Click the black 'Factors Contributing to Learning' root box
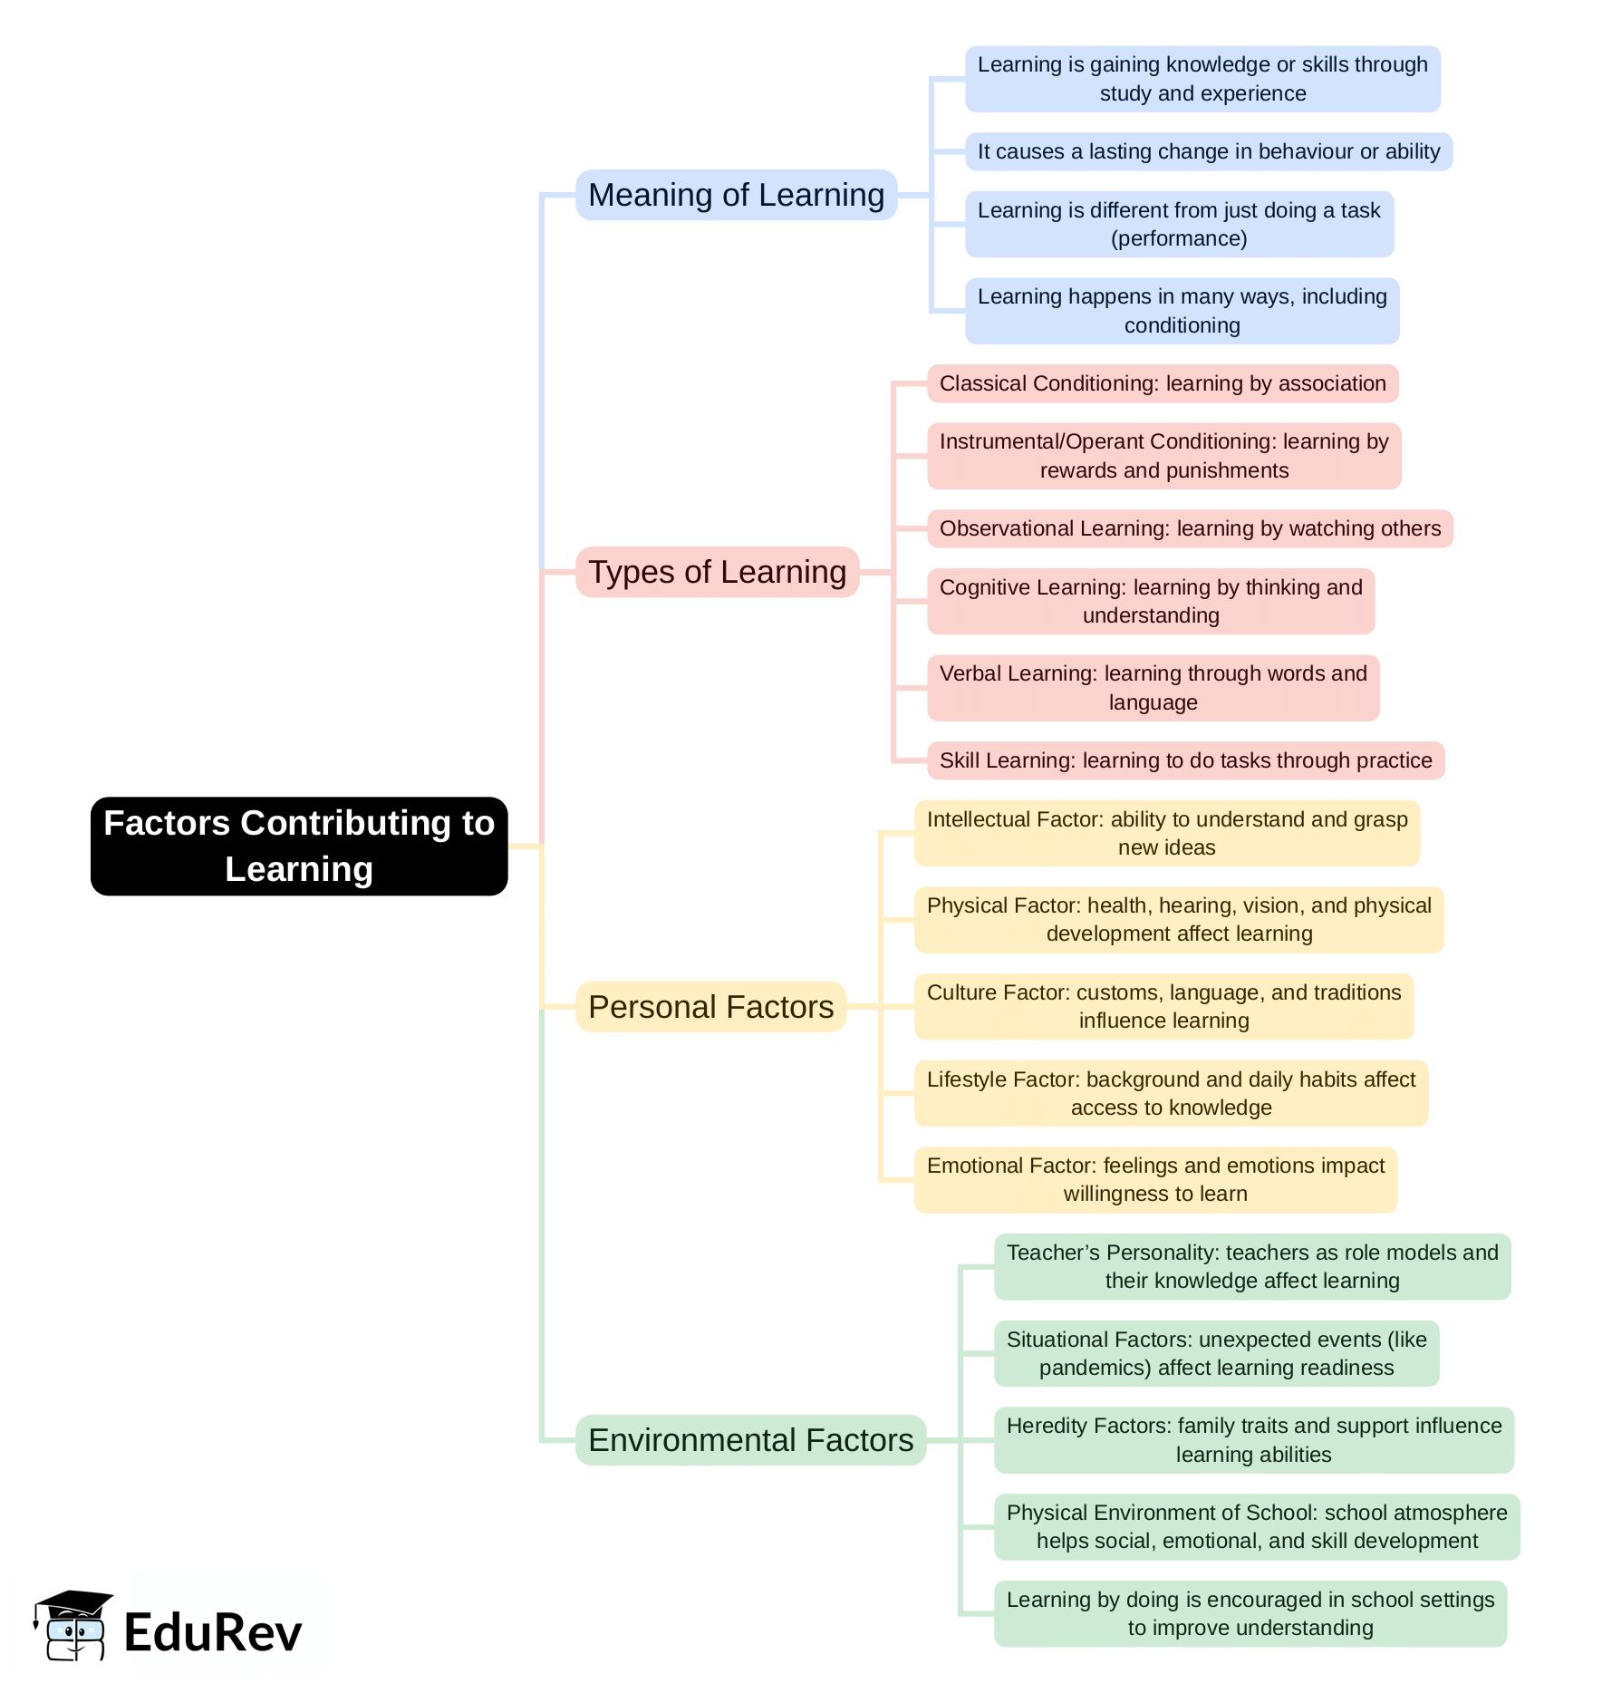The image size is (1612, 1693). click(x=299, y=846)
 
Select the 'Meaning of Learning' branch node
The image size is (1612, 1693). click(x=736, y=195)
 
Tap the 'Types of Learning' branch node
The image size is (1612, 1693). click(x=717, y=572)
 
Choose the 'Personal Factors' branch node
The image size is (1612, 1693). click(x=710, y=1007)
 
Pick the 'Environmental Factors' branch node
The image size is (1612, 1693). click(x=750, y=1440)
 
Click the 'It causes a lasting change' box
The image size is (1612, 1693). click(x=1208, y=151)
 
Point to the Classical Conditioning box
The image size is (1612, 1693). click(x=1163, y=383)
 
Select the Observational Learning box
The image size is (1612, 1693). click(x=1190, y=528)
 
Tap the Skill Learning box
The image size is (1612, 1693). click(x=1185, y=760)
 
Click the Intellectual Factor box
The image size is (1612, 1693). click(x=1166, y=833)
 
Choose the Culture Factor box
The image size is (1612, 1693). click(x=1163, y=1006)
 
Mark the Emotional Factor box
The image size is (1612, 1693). click(x=1155, y=1180)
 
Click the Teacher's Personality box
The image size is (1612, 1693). click(x=1251, y=1266)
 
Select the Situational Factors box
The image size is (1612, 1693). click(x=1216, y=1353)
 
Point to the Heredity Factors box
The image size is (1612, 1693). click(x=1253, y=1440)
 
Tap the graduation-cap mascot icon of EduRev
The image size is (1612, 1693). click(x=72, y=1626)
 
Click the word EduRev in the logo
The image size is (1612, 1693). click(x=213, y=1633)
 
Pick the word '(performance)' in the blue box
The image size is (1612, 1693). click(x=1179, y=238)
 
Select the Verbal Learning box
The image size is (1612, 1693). click(x=1153, y=688)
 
